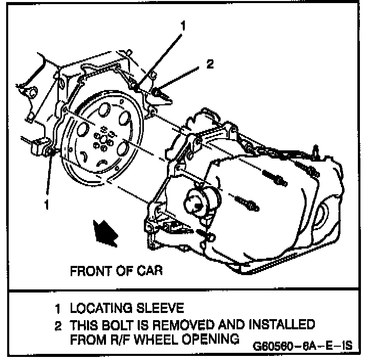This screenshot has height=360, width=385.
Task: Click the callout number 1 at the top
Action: [x=183, y=24]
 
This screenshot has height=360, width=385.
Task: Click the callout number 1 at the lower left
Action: [x=47, y=205]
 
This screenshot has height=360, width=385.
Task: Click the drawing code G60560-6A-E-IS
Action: [x=303, y=346]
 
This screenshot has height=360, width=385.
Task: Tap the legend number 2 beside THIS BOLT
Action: [x=59, y=325]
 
